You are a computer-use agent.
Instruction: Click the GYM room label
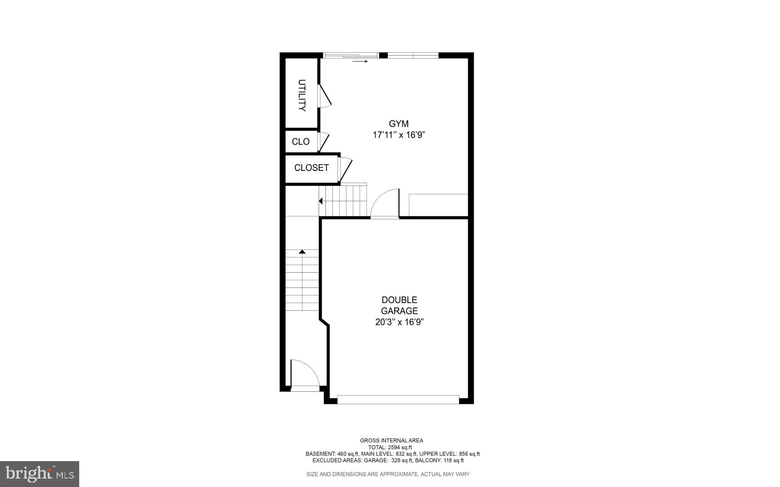click(398, 124)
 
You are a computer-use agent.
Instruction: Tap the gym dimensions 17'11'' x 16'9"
click(398, 135)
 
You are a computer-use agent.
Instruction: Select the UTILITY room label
click(302, 95)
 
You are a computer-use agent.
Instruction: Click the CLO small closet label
click(300, 142)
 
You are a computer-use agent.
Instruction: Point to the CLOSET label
click(311, 168)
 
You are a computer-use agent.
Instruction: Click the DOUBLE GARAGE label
click(399, 305)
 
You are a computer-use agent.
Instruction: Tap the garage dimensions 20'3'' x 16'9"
click(399, 322)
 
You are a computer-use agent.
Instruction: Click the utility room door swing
click(324, 96)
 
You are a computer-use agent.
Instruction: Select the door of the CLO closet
click(324, 142)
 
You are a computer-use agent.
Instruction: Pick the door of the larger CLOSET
click(345, 169)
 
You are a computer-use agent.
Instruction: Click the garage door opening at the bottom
click(398, 399)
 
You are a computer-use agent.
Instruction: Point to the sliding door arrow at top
click(360, 61)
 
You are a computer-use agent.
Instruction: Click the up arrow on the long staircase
click(302, 252)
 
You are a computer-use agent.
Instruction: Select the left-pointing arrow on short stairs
click(321, 201)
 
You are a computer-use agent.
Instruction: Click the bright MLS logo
click(40, 474)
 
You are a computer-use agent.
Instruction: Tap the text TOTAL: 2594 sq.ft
click(390, 447)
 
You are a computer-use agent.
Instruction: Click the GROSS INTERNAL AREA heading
click(391, 441)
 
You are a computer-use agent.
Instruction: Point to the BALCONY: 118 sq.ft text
click(439, 460)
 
